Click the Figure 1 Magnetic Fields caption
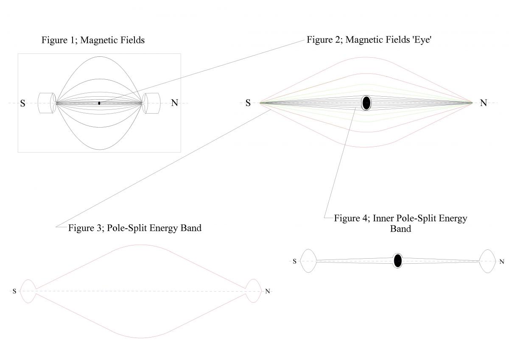[93, 40]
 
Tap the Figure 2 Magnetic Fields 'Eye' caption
[369, 40]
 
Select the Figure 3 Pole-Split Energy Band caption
[134, 228]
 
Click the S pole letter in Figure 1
[22, 103]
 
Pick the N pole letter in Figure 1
[174, 103]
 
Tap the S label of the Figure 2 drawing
[248, 103]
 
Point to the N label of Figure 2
[483, 103]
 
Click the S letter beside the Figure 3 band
[14, 291]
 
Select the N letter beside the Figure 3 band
[267, 291]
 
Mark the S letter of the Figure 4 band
[294, 261]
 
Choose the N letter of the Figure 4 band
[502, 262]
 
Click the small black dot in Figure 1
[99, 103]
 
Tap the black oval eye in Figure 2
[366, 103]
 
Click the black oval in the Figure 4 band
[397, 261]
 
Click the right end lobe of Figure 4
[487, 261]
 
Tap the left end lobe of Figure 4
[308, 261]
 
